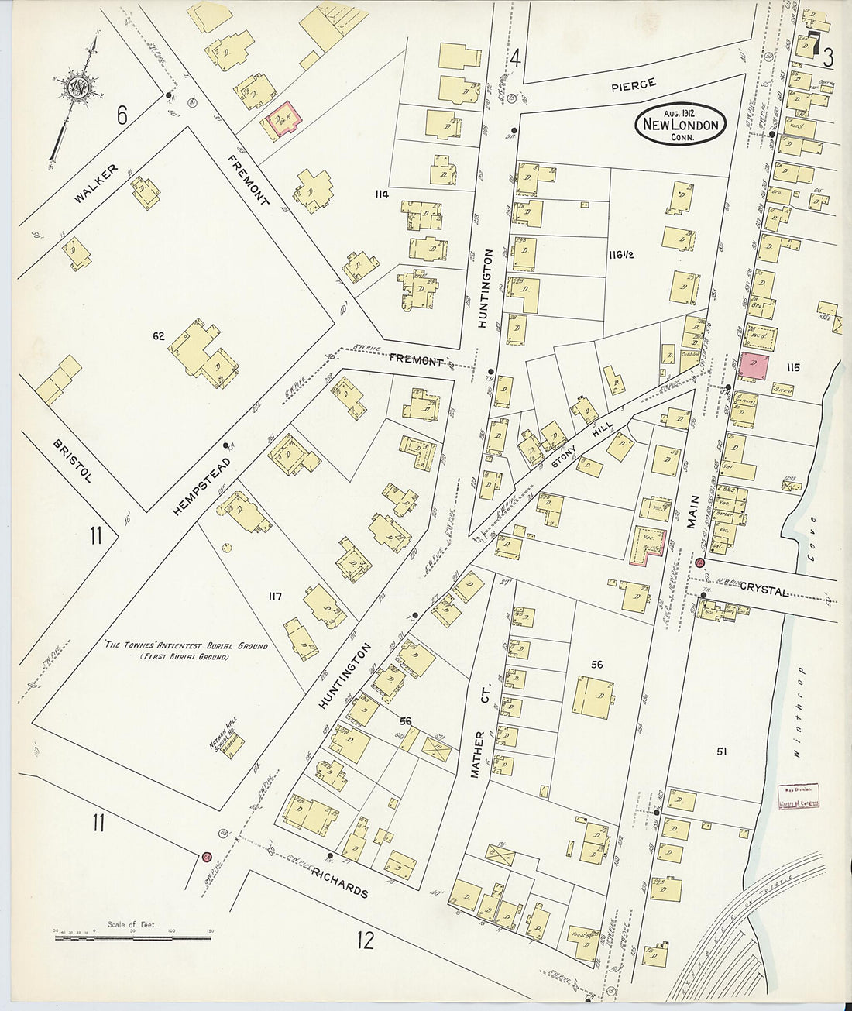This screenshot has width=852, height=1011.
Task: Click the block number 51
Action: [x=722, y=750]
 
